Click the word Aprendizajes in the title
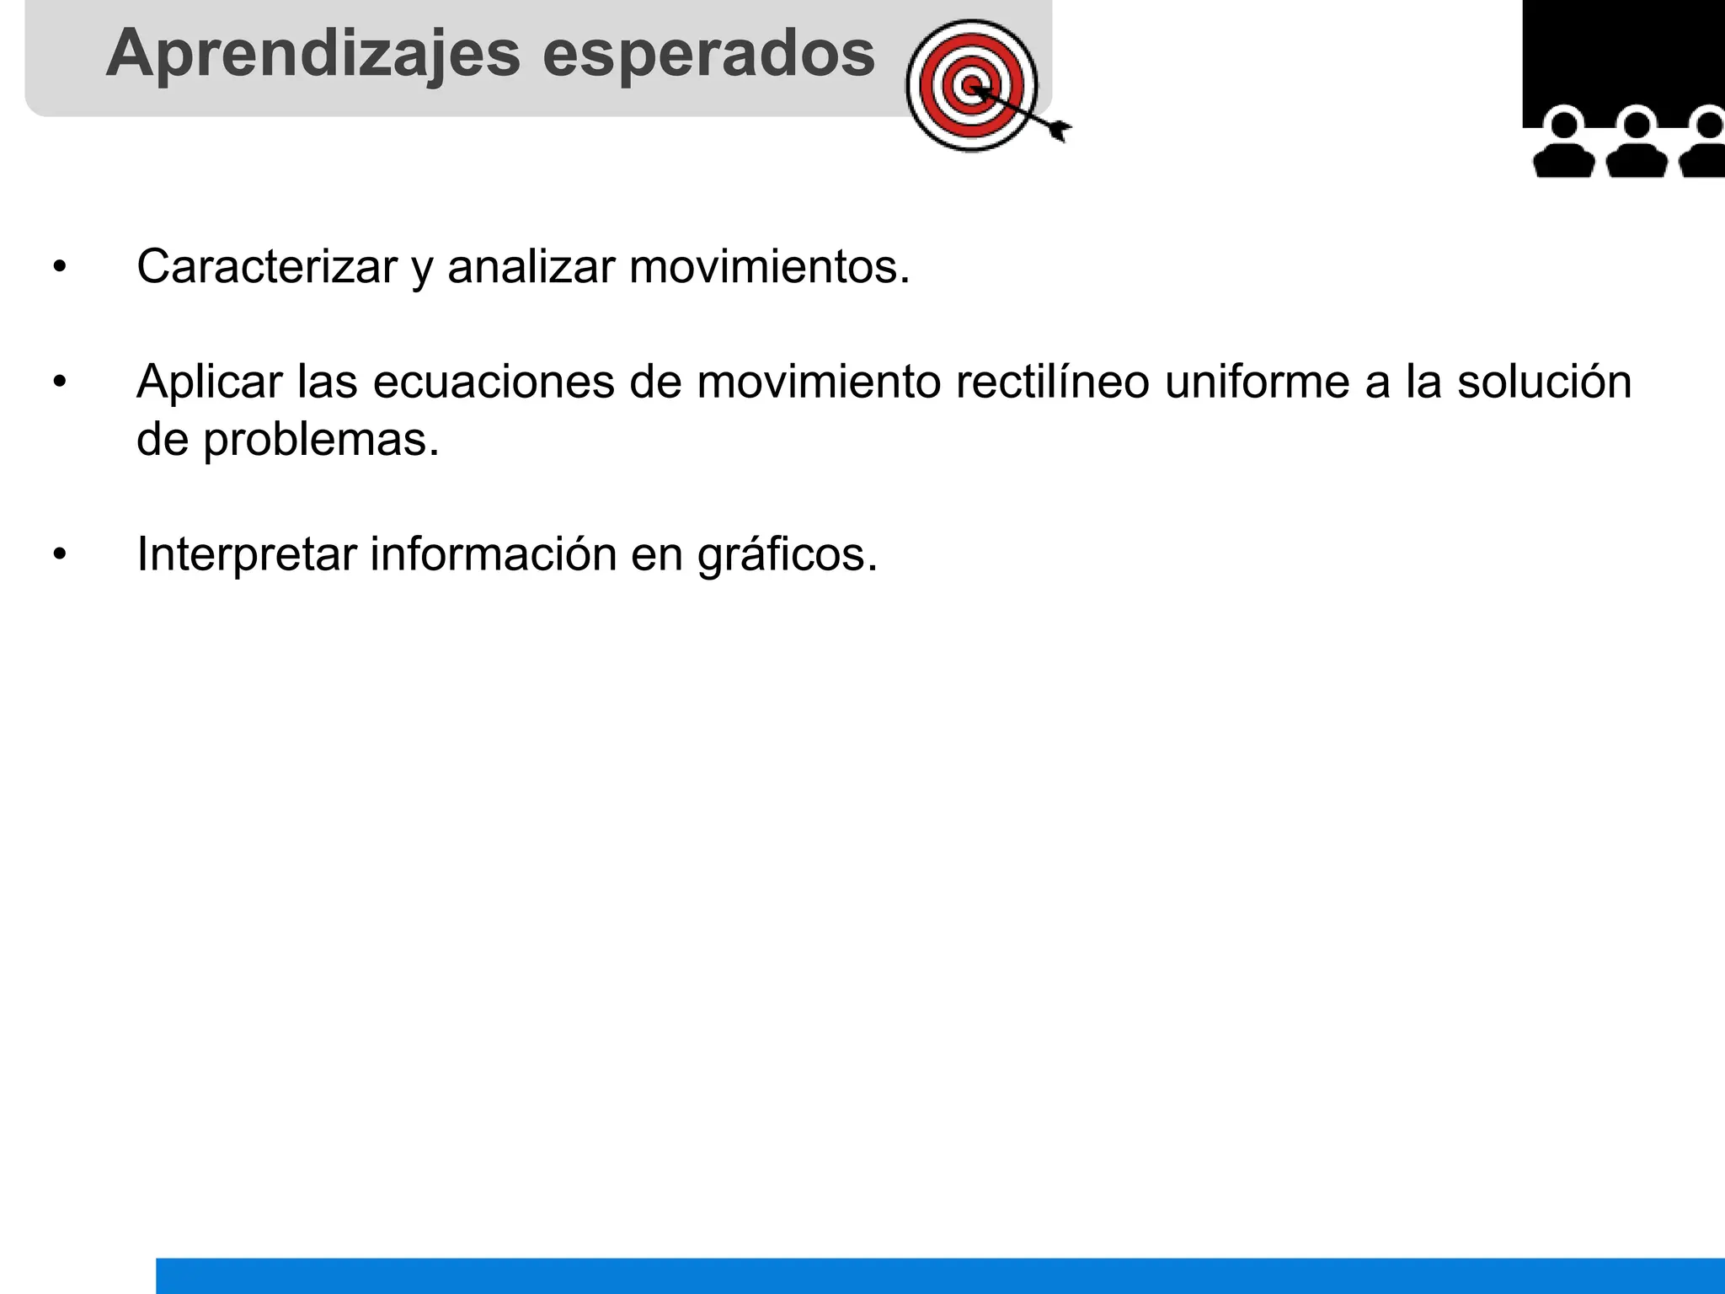[x=313, y=54]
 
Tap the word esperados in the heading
[x=708, y=54]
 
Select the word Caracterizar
[x=266, y=267]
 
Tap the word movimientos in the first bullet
[x=769, y=267]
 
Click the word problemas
[x=321, y=440]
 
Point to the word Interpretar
[x=247, y=554]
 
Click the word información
[x=494, y=554]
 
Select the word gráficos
[x=787, y=556]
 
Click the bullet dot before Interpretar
[x=59, y=555]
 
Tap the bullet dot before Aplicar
[x=59, y=382]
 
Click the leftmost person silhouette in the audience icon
[x=1563, y=145]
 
